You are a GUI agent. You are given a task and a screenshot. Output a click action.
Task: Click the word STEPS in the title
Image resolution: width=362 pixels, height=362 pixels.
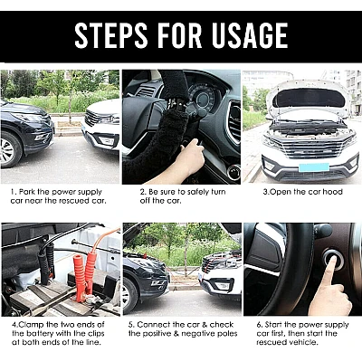click(x=111, y=35)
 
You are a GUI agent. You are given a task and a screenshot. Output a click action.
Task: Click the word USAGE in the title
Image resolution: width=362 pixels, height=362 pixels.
click(x=250, y=35)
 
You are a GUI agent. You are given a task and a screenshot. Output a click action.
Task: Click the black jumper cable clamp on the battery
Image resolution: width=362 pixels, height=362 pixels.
click(x=46, y=263)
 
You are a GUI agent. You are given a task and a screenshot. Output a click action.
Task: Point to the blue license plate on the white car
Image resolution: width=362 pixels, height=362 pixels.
click(x=314, y=167)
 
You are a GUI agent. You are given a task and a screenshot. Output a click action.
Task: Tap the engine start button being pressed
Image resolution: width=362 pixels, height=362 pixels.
click(x=333, y=260)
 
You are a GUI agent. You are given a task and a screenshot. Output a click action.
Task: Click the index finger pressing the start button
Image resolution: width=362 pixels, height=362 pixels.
click(x=328, y=272)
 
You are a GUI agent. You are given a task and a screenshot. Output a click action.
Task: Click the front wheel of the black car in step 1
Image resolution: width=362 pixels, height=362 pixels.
click(x=9, y=150)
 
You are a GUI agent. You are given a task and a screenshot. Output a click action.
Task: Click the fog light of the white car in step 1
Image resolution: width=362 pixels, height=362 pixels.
click(x=106, y=141)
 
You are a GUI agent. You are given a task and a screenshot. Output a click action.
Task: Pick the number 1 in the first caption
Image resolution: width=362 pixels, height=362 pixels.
click(x=13, y=192)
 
